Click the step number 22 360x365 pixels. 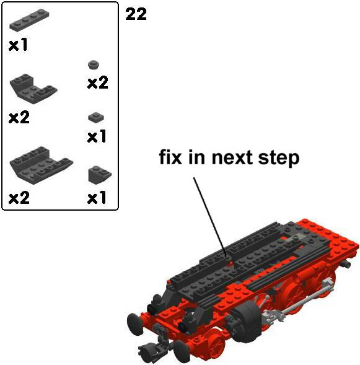tap(136, 14)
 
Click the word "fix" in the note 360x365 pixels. tap(170, 157)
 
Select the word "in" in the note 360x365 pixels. tap(196, 157)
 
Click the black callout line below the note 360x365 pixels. tap(209, 217)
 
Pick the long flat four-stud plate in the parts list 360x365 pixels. tap(29, 20)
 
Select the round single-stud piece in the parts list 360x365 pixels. tap(94, 64)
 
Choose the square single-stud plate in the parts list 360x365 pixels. tap(96, 117)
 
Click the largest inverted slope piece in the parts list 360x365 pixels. tap(41, 165)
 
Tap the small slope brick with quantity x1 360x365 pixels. tap(100, 174)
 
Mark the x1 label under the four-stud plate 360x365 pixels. tap(18, 45)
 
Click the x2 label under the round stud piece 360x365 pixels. tap(98, 82)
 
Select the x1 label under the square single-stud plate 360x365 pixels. tap(97, 136)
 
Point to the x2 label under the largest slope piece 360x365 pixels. tap(19, 198)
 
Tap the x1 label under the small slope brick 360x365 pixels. tap(97, 198)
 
